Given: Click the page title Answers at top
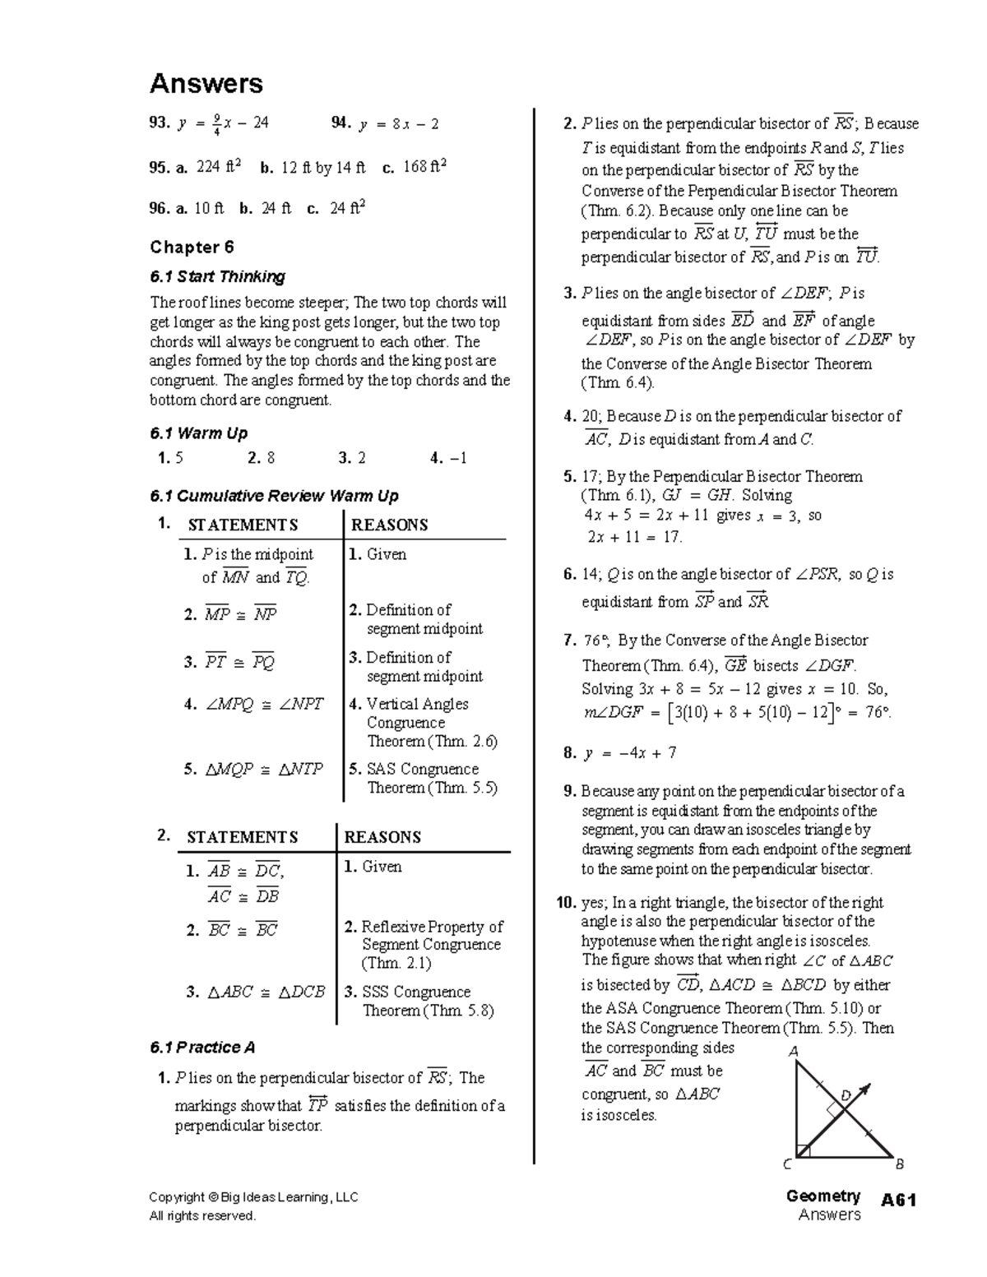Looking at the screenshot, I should pyautogui.click(x=206, y=84).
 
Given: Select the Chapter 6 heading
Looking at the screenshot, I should pyautogui.click(x=192, y=248).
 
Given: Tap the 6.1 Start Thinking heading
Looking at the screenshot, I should pyautogui.click(x=217, y=276).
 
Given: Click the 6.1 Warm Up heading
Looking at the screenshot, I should pyautogui.click(x=198, y=433).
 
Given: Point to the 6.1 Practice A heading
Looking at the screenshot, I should pyautogui.click(x=202, y=1047).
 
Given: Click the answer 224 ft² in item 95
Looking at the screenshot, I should pyautogui.click(x=218, y=168).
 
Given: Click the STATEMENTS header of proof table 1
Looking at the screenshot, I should pyautogui.click(x=243, y=525).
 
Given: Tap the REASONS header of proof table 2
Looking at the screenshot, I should pyautogui.click(x=382, y=837).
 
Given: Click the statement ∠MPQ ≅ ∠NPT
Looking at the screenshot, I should pyautogui.click(x=264, y=705).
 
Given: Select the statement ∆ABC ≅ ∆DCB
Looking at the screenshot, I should pyautogui.click(x=266, y=992).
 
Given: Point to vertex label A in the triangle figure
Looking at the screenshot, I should pyautogui.click(x=794, y=1052).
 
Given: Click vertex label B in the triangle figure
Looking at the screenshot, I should pyautogui.click(x=899, y=1164).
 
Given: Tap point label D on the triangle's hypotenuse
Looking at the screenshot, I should pyautogui.click(x=845, y=1095).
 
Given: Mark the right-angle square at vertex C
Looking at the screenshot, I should pyautogui.click(x=804, y=1150).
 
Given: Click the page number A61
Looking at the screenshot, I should pyautogui.click(x=898, y=1201).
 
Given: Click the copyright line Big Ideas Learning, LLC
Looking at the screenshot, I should pyautogui.click(x=253, y=1197).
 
